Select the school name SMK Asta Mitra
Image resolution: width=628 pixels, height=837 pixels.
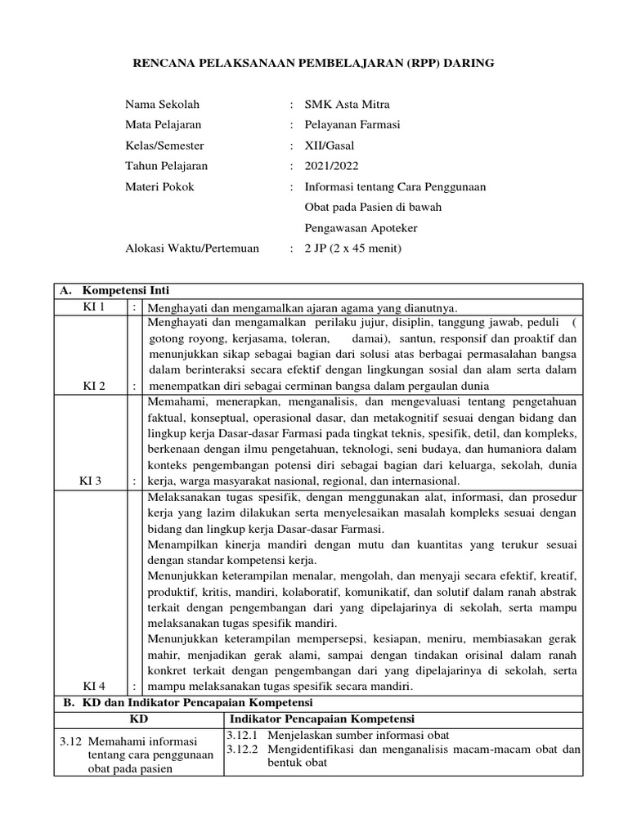(x=348, y=105)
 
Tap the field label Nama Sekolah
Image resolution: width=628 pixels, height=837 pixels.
(x=162, y=105)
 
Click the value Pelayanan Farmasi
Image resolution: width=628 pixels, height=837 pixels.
(x=352, y=125)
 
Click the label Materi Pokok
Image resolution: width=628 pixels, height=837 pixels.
(x=159, y=186)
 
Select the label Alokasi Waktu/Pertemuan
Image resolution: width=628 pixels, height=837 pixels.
(x=191, y=248)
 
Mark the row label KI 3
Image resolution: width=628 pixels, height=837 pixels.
(x=91, y=481)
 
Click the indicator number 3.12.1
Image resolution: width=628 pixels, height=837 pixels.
(x=243, y=736)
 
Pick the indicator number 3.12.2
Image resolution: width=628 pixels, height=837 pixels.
(x=243, y=750)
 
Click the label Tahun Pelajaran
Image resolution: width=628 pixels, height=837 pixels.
(x=166, y=166)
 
